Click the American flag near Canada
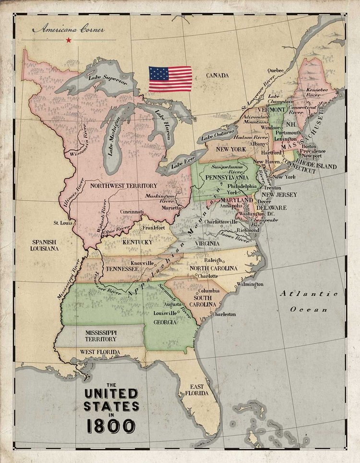pos(170,79)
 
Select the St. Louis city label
pos(62,223)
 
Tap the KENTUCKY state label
pos(137,242)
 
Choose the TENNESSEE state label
pos(122,268)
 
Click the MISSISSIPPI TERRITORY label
pos(101,336)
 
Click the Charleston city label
pos(224,314)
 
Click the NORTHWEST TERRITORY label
pos(124,185)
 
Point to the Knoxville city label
pos(142,263)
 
